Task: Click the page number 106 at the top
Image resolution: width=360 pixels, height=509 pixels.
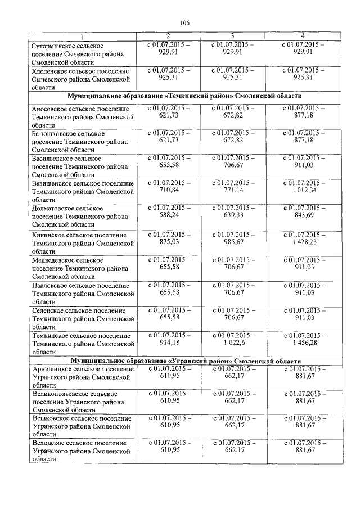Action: pos(185,23)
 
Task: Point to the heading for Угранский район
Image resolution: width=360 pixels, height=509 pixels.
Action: pos(185,361)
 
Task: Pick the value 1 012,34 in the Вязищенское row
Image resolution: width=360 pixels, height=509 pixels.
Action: pos(303,191)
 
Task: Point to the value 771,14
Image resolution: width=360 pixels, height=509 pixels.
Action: pos(232,191)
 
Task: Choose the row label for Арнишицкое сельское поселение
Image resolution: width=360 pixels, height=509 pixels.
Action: pos(83,377)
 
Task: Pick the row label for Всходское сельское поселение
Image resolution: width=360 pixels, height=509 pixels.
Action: pos(83,451)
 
